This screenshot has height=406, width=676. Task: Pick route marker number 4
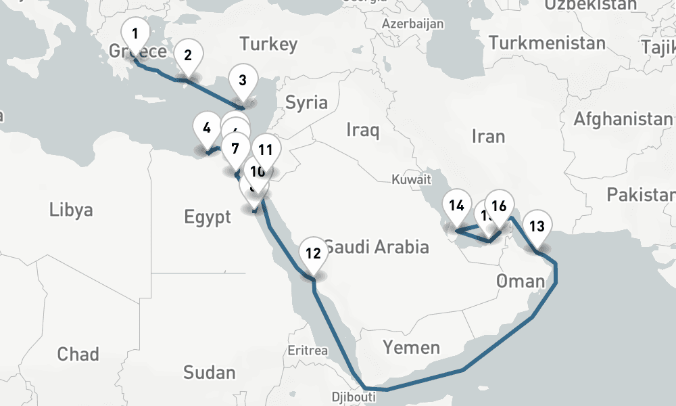coord(206,128)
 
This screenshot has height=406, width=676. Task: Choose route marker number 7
coord(235,147)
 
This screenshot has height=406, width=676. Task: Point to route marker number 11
coord(266,150)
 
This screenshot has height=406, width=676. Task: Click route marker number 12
coord(312,254)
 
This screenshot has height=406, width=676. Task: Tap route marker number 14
coord(457,205)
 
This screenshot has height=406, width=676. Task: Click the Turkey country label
coord(268,45)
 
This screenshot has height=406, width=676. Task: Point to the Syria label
coord(306,104)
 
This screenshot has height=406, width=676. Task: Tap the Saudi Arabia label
coord(376,246)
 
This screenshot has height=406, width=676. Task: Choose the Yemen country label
coord(412,348)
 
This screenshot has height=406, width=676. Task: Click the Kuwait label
coord(411,180)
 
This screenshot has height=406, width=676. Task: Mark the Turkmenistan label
coord(547,44)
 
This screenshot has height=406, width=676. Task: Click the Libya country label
coord(71,210)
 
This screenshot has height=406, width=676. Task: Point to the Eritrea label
coord(308,351)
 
